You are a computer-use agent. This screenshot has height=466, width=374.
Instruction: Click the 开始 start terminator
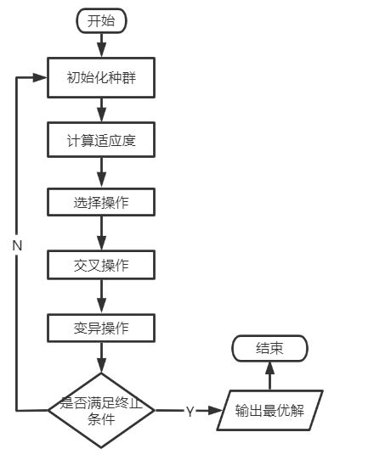pos(101,21)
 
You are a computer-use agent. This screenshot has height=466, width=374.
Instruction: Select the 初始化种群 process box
pos(101,78)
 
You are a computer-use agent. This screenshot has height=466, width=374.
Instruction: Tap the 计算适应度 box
pos(101,140)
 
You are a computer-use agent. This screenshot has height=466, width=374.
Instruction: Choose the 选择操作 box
pos(101,203)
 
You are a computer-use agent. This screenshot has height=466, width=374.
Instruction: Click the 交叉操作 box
pos(101,265)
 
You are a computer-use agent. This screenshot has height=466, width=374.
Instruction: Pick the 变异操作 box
pos(101,328)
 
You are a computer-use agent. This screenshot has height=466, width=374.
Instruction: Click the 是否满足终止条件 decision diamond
pos(101,410)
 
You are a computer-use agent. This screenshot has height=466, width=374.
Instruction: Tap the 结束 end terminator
pos(269,348)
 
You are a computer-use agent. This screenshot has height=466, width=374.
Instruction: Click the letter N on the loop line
pos(17,244)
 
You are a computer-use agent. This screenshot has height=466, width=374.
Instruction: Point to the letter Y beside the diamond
pos(190,411)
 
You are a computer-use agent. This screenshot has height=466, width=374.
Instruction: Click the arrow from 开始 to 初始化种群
pos(101,46)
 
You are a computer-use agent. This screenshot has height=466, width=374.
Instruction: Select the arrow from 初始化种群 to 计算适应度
pos(101,109)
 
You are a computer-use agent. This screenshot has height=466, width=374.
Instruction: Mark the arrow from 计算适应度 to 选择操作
pos(101,171)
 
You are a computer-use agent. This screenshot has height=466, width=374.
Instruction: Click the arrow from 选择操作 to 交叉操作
pos(101,233)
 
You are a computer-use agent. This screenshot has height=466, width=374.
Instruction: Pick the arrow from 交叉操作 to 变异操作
pos(101,296)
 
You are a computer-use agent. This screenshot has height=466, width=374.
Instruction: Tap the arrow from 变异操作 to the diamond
pos(101,358)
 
